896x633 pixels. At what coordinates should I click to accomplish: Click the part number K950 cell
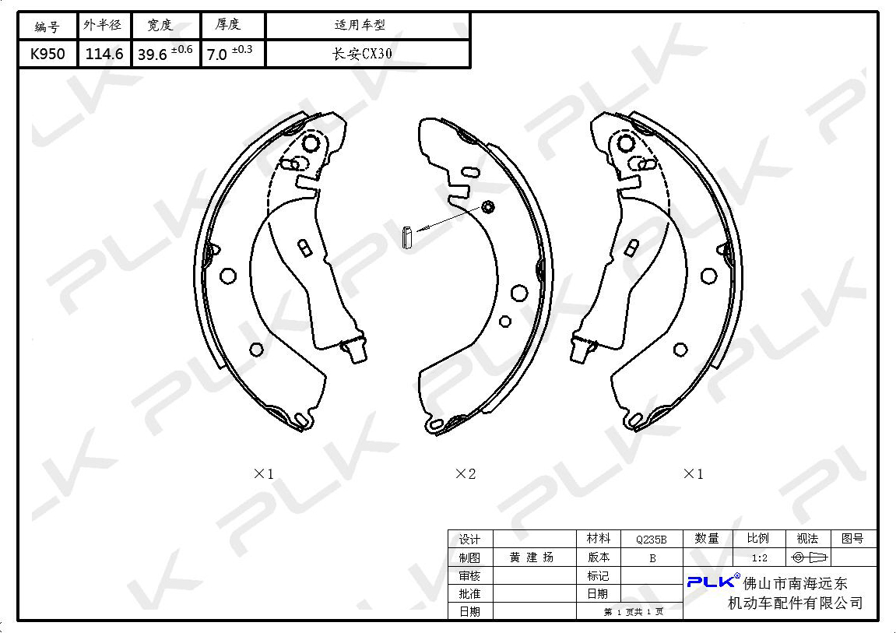pos(47,55)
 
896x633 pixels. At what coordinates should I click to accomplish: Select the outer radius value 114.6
pos(104,55)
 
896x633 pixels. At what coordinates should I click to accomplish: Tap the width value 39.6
pos(152,55)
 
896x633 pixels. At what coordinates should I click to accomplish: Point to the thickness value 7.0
pos(217,55)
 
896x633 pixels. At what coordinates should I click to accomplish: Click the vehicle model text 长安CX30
pos(362,55)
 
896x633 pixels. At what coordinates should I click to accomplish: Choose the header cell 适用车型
pos(360,25)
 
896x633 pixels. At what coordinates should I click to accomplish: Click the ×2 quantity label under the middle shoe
pos(466,473)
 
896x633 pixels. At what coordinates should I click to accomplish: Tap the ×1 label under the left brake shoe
pos(263,473)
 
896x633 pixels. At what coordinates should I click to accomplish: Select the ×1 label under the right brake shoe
pos(693,473)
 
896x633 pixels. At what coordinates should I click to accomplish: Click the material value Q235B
pos(652,540)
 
